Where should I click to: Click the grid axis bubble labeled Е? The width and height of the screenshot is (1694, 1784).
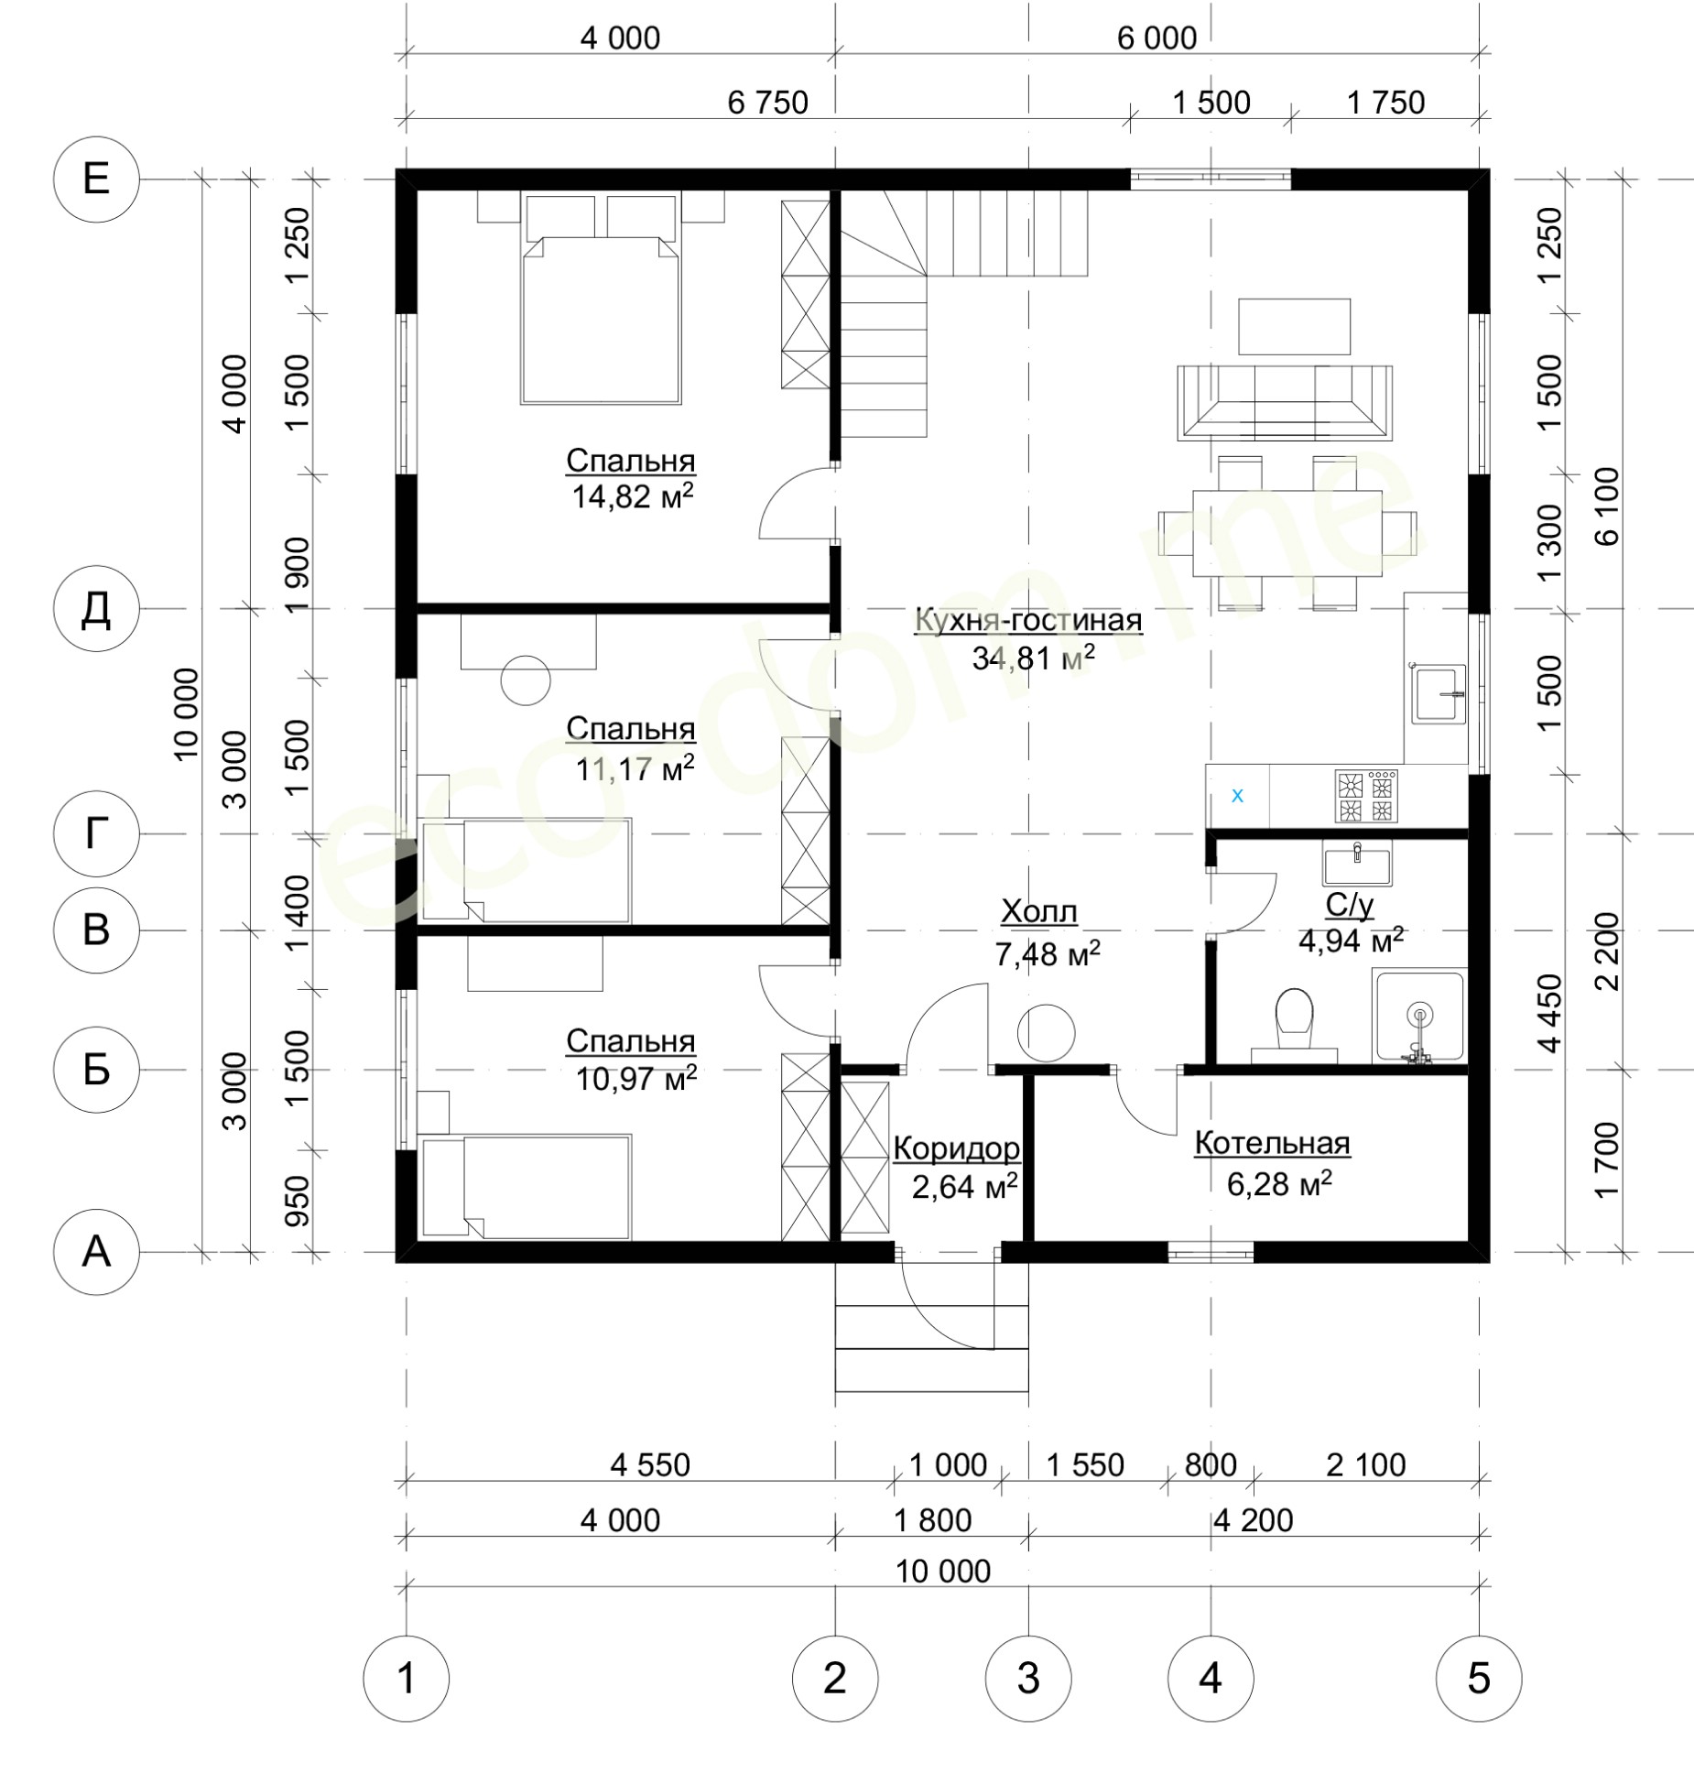pos(96,179)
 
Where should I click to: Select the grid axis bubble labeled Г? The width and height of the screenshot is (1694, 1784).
pos(96,833)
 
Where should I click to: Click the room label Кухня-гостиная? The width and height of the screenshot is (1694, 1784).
pos(1028,620)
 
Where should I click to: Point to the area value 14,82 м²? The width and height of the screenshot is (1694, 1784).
pos(632,496)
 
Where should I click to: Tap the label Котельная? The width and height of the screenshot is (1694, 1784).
pos(1272,1144)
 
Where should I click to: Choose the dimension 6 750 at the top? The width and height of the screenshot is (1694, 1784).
pos(767,103)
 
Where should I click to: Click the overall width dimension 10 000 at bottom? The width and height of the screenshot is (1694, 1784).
pos(943,1572)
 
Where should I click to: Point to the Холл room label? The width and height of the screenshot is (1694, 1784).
pos(1038,912)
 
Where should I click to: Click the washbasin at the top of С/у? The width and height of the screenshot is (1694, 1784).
pos(1356,865)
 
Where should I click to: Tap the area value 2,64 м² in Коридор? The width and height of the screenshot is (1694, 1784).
pos(964,1187)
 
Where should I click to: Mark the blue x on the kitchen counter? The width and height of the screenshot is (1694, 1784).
pos(1237,796)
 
